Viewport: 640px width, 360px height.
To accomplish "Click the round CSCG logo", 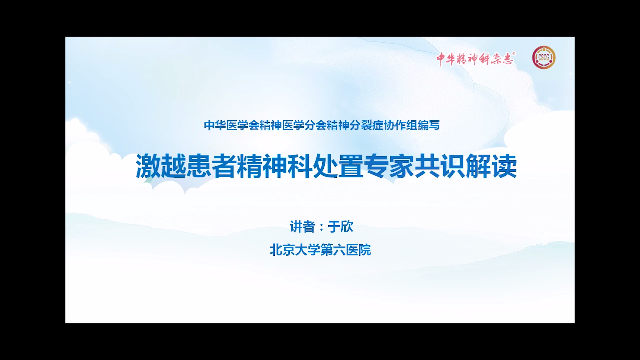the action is click(544, 58).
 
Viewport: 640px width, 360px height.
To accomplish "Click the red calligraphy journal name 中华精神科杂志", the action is click(475, 59).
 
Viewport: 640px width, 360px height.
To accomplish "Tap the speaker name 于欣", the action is click(340, 227).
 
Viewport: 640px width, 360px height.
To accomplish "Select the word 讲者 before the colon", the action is click(302, 227).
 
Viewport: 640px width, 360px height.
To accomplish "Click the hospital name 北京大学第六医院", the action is click(320, 250).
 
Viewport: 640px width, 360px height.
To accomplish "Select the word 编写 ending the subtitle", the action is click(429, 125).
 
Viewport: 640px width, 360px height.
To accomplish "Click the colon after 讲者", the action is click(321, 227).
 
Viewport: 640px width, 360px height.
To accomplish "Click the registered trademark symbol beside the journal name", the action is click(514, 53).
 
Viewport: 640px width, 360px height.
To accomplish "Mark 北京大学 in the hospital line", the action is click(295, 250).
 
